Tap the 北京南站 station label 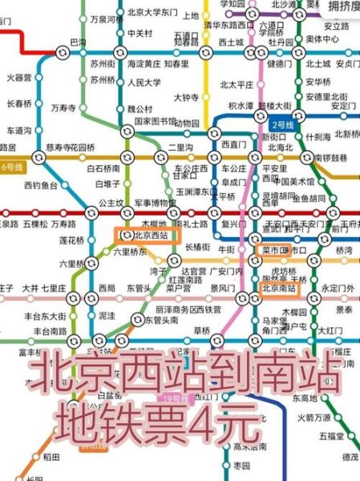[281, 287]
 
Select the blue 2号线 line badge [285, 125]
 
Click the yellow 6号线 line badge [14, 167]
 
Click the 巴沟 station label [79, 41]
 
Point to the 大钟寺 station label [187, 99]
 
